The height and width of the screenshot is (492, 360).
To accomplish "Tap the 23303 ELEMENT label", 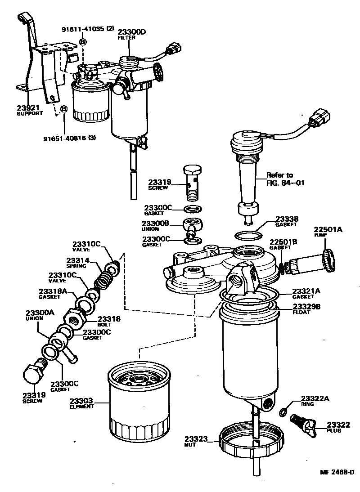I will (81, 403).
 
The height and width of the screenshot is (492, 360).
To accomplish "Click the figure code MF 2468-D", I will (337, 472).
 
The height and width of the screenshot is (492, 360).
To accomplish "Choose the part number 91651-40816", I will (69, 138).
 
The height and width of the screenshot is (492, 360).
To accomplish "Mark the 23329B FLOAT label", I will (306, 309).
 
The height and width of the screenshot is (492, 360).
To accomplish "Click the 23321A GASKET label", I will (306, 294).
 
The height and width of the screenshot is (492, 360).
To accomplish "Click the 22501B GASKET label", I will (283, 244).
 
